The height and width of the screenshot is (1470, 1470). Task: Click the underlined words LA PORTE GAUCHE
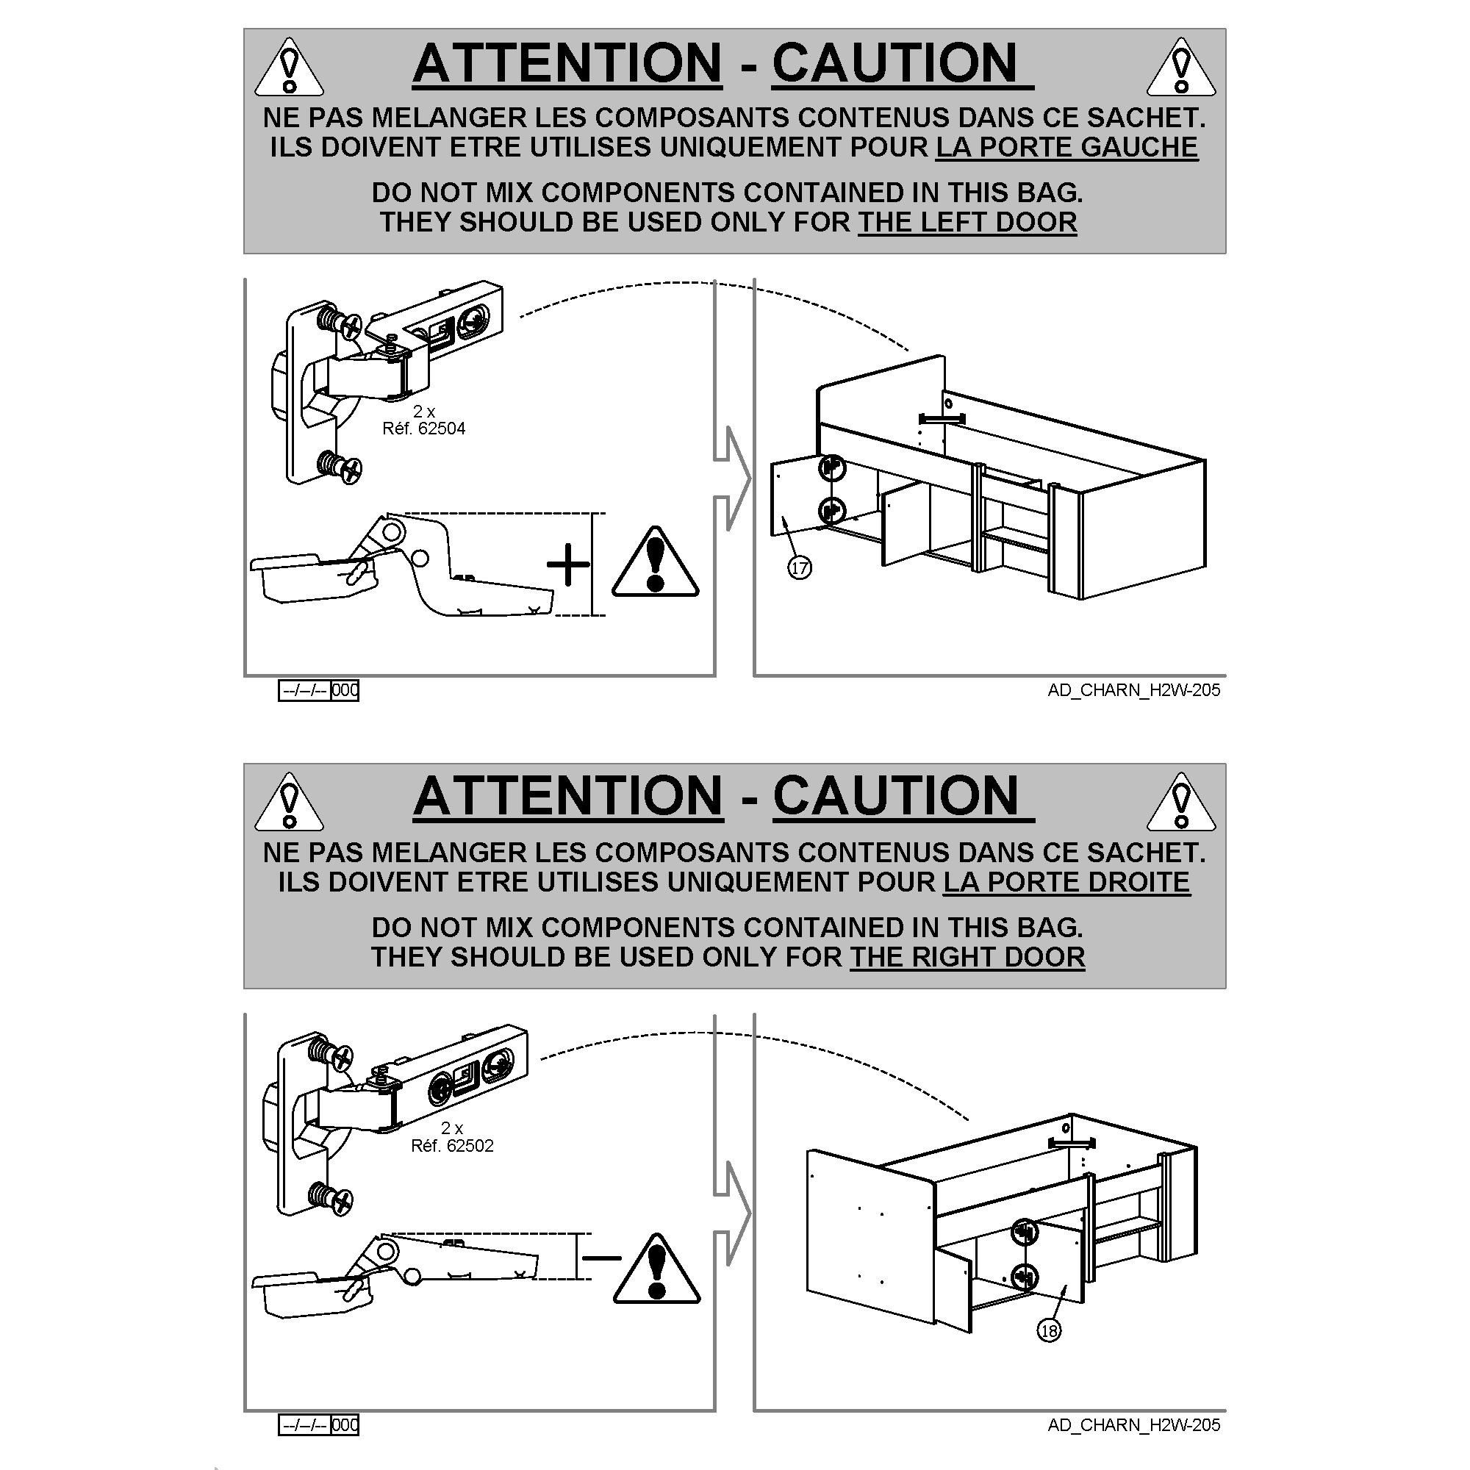click(x=1066, y=147)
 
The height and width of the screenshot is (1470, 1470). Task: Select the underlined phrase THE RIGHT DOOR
click(x=967, y=956)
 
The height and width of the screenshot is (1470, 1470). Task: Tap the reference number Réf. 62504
click(x=424, y=429)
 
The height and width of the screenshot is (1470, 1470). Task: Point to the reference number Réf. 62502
click(x=452, y=1146)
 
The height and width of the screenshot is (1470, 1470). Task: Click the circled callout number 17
click(x=800, y=567)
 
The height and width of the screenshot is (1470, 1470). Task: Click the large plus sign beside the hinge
click(x=568, y=564)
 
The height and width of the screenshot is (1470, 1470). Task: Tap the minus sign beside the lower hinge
click(x=601, y=1257)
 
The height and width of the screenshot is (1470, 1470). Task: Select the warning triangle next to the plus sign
click(x=655, y=562)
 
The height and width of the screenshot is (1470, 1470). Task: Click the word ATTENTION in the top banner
click(x=567, y=62)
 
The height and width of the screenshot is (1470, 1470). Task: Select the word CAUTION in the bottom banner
click(x=895, y=796)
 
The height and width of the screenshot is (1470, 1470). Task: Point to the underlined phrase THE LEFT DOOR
click(x=967, y=222)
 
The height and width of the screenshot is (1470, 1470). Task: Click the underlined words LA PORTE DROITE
click(x=1066, y=882)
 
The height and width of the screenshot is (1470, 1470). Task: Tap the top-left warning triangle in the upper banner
click(x=288, y=68)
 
